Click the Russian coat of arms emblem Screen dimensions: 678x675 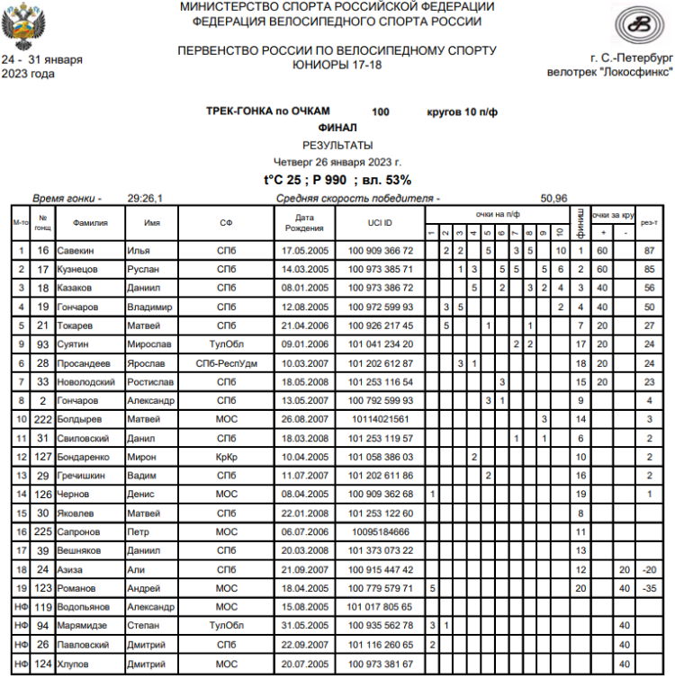(20, 28)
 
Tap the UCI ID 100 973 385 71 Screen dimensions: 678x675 (381, 269)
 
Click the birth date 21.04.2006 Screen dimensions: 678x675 (304, 325)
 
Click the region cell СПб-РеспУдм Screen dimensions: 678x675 (227, 362)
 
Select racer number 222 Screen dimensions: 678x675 (42, 419)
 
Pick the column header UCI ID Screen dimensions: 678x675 (381, 221)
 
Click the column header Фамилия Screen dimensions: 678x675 (90, 221)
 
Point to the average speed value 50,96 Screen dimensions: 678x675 (553, 198)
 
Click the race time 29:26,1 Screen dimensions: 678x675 (145, 198)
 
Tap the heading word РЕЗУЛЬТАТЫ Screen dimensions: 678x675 (337, 145)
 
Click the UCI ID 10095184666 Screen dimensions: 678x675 (381, 531)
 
